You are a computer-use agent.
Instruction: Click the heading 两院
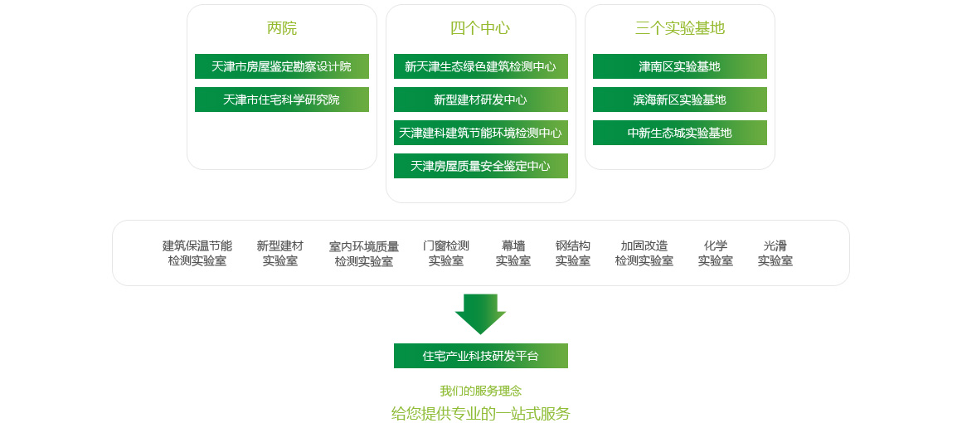[x=282, y=28]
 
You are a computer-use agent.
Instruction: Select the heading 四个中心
[x=480, y=28]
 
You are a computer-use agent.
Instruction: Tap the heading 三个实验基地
[x=680, y=28]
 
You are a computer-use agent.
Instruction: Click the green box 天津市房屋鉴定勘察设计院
[x=282, y=66]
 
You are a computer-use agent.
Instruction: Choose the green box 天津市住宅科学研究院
[x=282, y=100]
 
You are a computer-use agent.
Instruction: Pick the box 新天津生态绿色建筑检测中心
[x=481, y=66]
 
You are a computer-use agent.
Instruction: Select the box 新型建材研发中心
[x=481, y=100]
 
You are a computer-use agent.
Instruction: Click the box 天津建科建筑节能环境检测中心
[x=481, y=133]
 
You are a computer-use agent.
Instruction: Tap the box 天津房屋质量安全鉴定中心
[x=481, y=166]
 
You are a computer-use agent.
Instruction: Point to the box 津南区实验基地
[x=680, y=66]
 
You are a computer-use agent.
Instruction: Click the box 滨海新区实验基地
[x=680, y=100]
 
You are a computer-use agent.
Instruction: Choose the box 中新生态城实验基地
[x=680, y=133]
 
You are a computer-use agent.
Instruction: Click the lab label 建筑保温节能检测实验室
[x=197, y=253]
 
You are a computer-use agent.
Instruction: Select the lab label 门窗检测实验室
[x=446, y=253]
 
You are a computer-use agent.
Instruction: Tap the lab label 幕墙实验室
[x=513, y=253]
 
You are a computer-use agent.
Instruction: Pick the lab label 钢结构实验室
[x=573, y=253]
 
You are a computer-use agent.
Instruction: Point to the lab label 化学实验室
[x=716, y=253]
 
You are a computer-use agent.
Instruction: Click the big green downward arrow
[x=480, y=313]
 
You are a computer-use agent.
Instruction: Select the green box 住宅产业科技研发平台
[x=481, y=356]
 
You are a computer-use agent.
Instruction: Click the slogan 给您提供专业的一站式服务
[x=481, y=413]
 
